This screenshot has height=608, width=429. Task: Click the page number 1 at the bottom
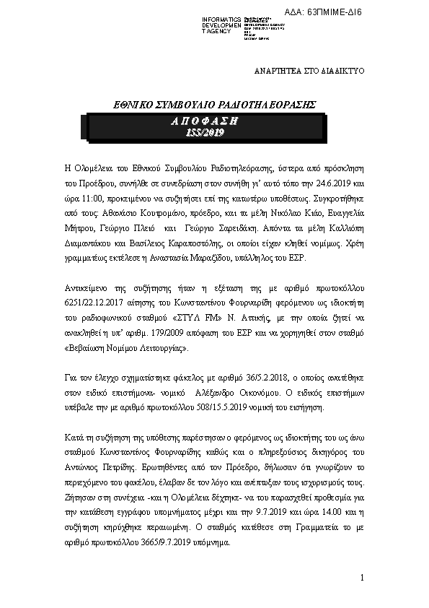click(x=362, y=580)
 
